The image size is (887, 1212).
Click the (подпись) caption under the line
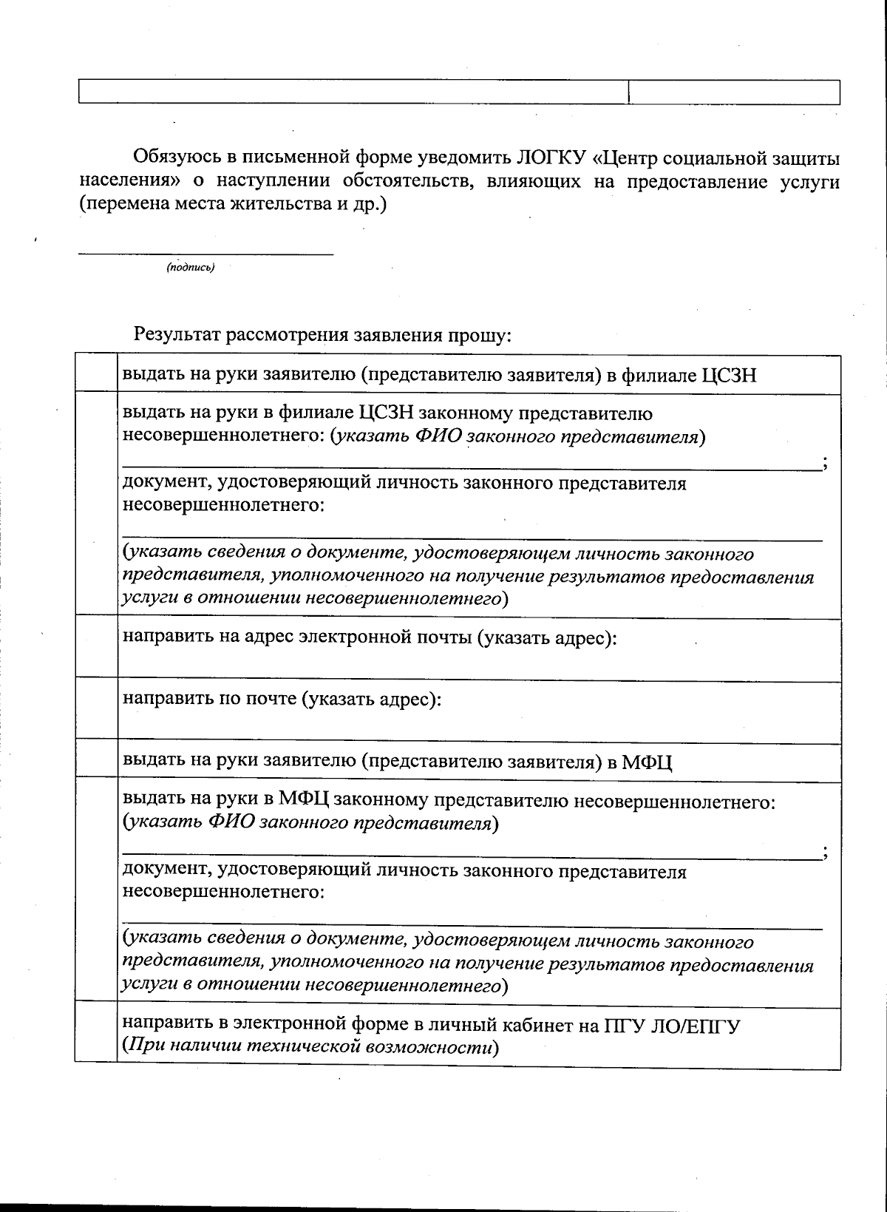(191, 268)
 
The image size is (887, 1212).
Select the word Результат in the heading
(177, 335)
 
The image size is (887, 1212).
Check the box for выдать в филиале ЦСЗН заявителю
(96, 374)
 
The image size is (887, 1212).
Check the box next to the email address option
(96, 647)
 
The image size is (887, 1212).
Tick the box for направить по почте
(96, 709)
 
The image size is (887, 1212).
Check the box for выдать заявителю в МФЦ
(96, 760)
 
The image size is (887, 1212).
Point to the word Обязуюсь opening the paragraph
(177, 158)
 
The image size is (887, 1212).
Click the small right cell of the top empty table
(734, 92)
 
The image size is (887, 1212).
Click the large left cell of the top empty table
(353, 92)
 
